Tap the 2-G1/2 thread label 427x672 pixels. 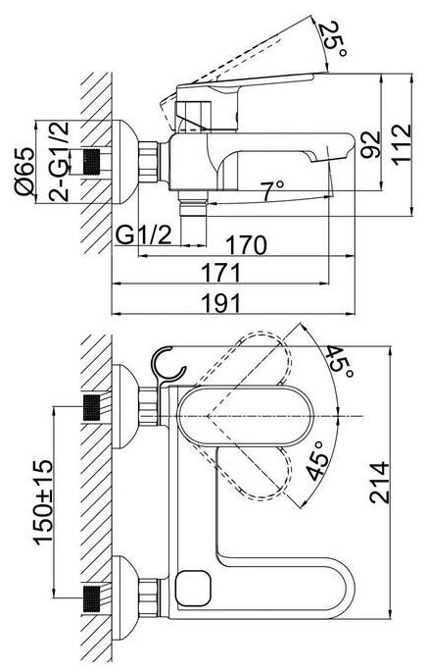click(x=59, y=162)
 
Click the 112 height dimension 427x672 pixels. click(x=402, y=144)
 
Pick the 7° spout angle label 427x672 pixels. click(x=272, y=190)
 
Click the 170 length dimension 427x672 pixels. click(x=246, y=245)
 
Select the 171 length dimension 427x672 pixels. click(x=221, y=273)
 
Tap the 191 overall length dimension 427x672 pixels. click(x=221, y=303)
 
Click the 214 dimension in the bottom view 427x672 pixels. click(x=380, y=482)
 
